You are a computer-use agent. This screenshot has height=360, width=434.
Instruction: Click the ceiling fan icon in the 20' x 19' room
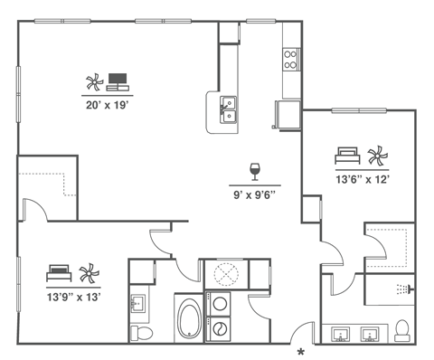tap(92, 84)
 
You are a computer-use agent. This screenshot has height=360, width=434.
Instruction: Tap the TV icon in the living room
tap(118, 82)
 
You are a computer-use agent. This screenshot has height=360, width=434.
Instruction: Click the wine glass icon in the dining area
tap(255, 170)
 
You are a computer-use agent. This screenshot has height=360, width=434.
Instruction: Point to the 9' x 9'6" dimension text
tap(254, 192)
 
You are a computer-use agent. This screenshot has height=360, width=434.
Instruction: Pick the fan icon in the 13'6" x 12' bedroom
tap(375, 154)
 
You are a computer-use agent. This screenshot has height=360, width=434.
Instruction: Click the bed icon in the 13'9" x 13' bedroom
tap(59, 272)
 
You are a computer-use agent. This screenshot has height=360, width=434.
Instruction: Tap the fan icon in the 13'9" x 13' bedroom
tap(88, 272)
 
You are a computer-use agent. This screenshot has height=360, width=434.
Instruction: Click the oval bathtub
tap(190, 319)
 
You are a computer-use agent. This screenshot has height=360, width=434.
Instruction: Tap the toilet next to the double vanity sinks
tap(404, 330)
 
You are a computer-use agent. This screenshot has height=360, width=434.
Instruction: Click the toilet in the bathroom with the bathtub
tap(139, 333)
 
